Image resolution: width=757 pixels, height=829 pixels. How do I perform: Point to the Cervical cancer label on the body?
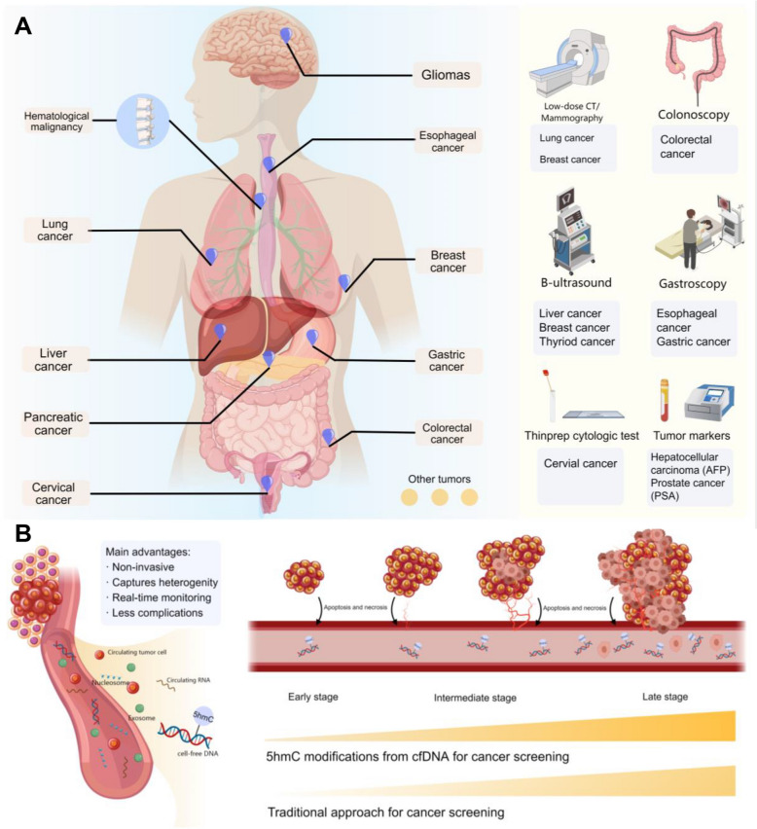[53, 493]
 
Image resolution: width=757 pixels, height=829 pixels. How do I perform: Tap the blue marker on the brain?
[286, 35]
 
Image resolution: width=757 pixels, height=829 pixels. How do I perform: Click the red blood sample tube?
[666, 405]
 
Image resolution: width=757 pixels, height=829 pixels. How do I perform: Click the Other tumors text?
[442, 478]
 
